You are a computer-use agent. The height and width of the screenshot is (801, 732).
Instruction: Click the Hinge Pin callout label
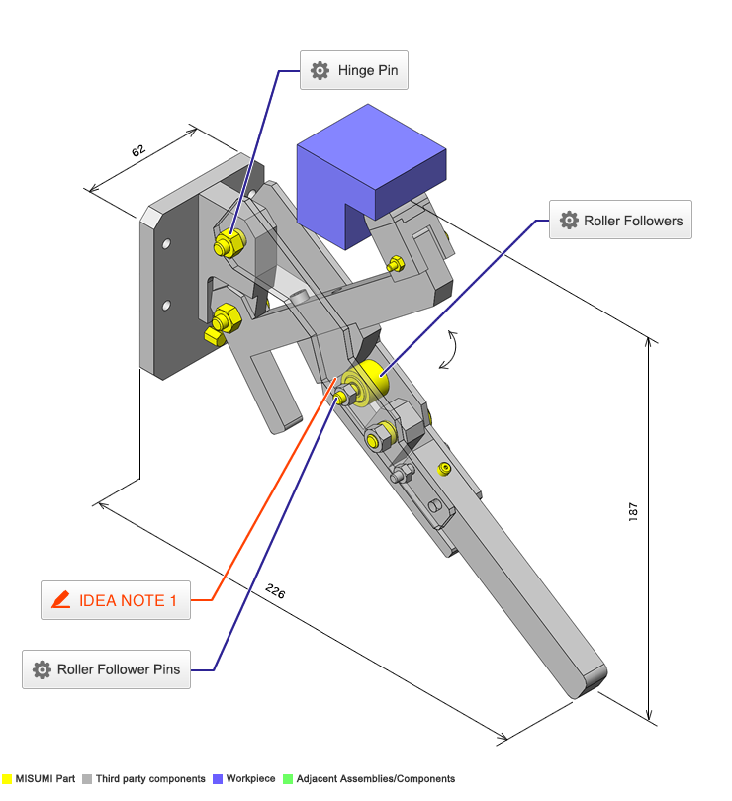[x=354, y=71]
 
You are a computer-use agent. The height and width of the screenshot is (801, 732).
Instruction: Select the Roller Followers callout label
[x=620, y=221]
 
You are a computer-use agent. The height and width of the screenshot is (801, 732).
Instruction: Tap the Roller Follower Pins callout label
[x=105, y=669]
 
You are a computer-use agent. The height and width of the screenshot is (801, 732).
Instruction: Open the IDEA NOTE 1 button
[x=115, y=600]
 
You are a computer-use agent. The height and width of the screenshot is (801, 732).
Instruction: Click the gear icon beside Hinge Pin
[x=320, y=71]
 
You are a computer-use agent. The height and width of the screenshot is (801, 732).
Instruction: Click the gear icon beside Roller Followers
[x=569, y=221]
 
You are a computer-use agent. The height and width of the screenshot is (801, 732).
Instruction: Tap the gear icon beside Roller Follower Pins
[x=42, y=669]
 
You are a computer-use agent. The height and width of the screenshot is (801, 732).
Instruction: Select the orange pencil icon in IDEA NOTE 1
[x=60, y=600]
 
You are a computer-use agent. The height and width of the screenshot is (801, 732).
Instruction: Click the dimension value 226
[x=275, y=592]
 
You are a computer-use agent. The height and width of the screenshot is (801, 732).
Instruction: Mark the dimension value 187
[x=633, y=511]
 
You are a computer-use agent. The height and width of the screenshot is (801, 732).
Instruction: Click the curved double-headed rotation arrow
[x=450, y=349]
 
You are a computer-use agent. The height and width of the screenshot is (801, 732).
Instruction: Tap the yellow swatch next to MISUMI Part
[x=7, y=779]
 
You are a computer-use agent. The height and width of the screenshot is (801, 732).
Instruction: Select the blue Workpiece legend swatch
[x=218, y=779]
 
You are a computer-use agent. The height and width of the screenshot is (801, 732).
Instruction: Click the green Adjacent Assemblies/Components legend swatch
[x=288, y=779]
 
